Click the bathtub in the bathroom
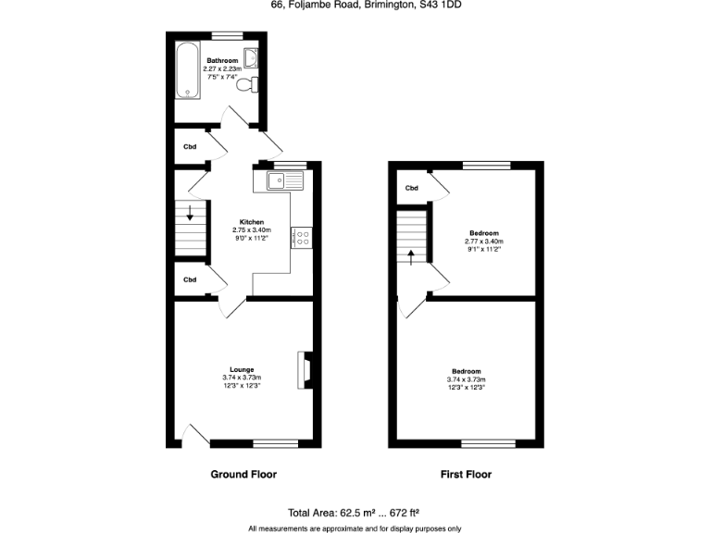click(187, 69)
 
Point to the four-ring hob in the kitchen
click(302, 237)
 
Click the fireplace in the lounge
click(304, 369)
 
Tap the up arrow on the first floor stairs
click(411, 256)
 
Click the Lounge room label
click(242, 370)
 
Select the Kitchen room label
click(253, 223)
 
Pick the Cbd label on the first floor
click(412, 188)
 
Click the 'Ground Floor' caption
click(243, 475)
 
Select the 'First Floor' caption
click(466, 475)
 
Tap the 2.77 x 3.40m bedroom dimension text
click(484, 242)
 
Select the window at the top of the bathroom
click(226, 35)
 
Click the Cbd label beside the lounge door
click(190, 279)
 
